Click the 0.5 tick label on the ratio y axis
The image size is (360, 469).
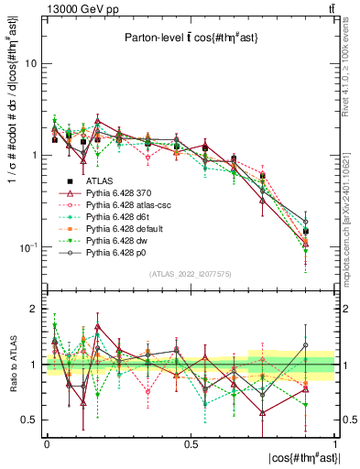tap(32, 420)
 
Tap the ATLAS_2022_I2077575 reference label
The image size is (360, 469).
tap(191, 275)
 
